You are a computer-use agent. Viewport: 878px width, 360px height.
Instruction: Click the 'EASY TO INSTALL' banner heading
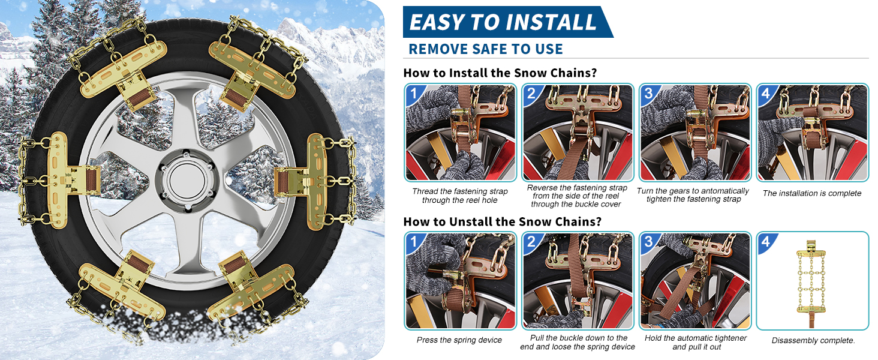click(x=503, y=22)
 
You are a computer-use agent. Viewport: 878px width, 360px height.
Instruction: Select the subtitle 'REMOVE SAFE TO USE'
click(x=486, y=49)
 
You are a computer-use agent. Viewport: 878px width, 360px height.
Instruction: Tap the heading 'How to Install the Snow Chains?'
click(x=500, y=73)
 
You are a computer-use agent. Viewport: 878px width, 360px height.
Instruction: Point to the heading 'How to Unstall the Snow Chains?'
click(x=502, y=221)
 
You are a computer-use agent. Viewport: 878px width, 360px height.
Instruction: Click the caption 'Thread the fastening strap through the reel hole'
click(x=460, y=196)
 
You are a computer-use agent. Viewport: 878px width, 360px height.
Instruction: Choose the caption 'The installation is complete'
click(x=812, y=193)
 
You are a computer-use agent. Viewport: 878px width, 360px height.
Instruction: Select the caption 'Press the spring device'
click(x=459, y=340)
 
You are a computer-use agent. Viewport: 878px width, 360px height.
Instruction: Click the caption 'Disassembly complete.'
click(x=813, y=340)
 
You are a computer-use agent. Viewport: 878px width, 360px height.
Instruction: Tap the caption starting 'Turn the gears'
click(x=693, y=195)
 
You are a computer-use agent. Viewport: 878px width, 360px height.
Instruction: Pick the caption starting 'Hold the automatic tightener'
click(x=696, y=343)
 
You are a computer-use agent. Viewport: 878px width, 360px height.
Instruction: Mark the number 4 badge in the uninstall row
click(x=766, y=242)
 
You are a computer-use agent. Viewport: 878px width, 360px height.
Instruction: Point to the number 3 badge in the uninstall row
click(x=649, y=241)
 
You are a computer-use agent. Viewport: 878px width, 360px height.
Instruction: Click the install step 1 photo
click(x=461, y=133)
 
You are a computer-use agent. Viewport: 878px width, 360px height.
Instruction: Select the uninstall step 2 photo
click(x=578, y=281)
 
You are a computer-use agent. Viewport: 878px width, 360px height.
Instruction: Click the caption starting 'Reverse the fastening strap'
click(x=577, y=196)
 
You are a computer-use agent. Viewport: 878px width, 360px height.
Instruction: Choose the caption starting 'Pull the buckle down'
click(x=578, y=343)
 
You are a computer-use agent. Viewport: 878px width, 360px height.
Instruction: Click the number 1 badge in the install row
click(x=414, y=94)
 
